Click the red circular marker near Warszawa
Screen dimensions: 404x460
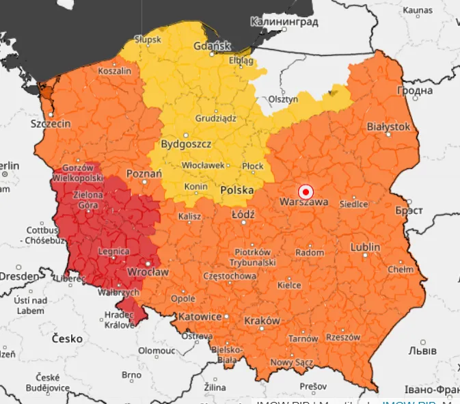coord(306,191)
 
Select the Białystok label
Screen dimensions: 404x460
coord(388,126)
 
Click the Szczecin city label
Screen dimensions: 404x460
coord(51,124)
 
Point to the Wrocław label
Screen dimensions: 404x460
coord(148,272)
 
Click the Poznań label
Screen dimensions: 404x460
coord(144,174)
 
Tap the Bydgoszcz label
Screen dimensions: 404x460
coord(186,144)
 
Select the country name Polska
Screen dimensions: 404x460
coord(236,190)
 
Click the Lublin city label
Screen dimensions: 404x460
coord(365,247)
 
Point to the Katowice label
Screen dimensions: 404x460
coord(199,317)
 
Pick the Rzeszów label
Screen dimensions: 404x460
coord(343,337)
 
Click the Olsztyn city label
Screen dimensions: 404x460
coord(284,99)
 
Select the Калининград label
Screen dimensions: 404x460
coord(284,22)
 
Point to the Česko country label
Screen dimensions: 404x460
coord(67,338)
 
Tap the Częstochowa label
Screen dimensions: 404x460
coord(230,276)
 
